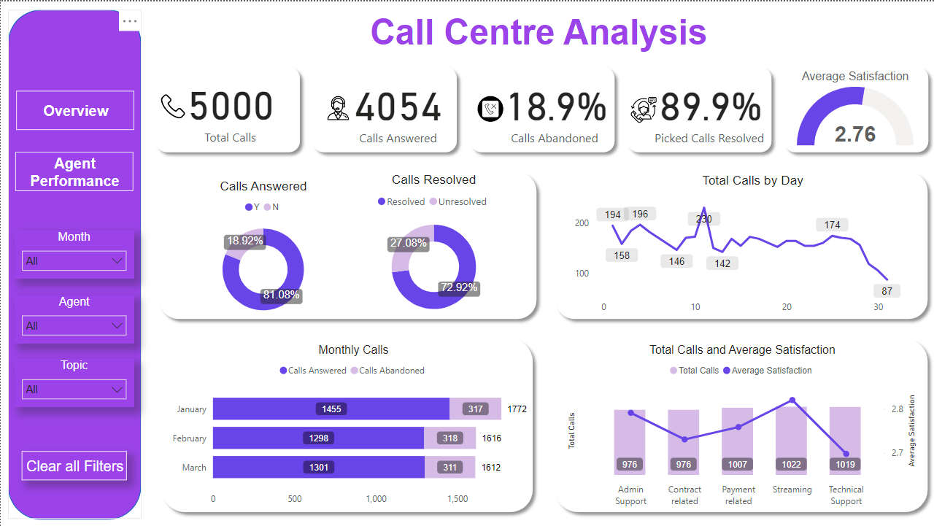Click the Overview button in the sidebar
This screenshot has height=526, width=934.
75,111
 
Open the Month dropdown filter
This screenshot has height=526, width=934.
74,261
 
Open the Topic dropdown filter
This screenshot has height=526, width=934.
74,390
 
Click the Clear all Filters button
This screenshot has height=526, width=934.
74,466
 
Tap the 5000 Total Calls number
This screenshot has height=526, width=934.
231,107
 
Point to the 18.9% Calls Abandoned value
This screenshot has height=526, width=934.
556,107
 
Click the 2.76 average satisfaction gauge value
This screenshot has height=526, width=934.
855,134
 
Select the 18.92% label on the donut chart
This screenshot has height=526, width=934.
245,241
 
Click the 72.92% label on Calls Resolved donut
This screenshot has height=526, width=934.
458,287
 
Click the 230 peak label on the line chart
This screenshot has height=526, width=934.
703,219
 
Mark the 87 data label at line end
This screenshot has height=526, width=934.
887,291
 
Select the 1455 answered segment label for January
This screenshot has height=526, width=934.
331,409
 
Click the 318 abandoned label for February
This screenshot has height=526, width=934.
450,438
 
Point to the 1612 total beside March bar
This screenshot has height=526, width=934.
491,468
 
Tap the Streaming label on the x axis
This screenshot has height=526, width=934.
792,490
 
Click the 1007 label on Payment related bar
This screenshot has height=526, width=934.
738,465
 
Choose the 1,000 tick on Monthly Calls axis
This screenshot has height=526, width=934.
377,499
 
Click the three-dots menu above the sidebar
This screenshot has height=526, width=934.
130,21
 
